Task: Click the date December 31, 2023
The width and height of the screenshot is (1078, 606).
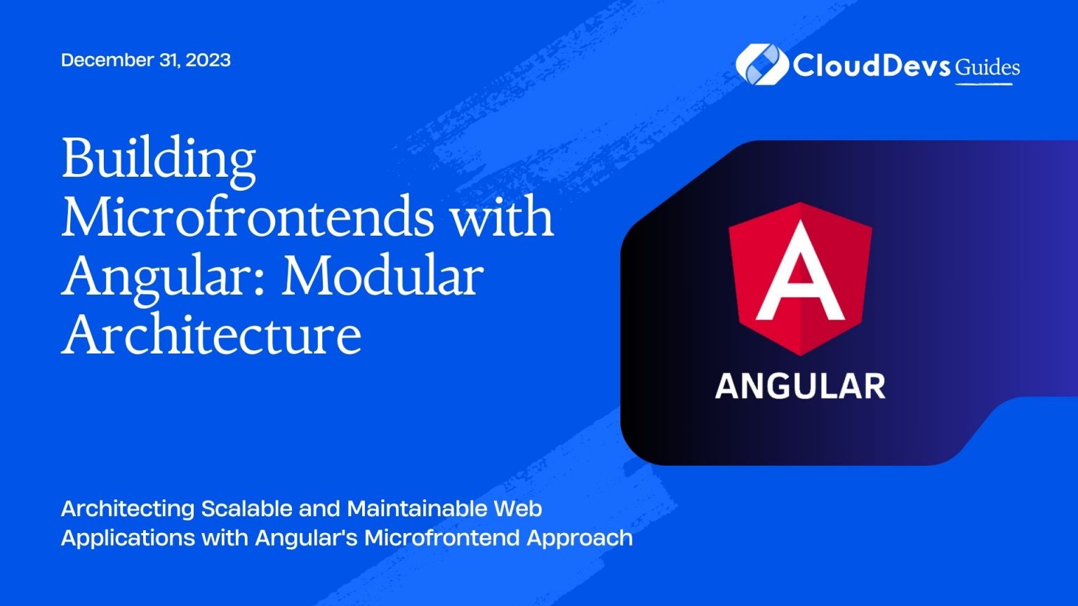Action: point(146,60)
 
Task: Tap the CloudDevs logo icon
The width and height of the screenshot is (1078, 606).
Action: point(761,64)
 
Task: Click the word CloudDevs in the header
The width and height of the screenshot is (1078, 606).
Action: point(872,65)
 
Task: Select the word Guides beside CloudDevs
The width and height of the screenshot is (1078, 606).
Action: point(987,67)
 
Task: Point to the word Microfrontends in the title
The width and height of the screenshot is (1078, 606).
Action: point(247,217)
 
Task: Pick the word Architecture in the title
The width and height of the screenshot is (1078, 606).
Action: point(211,334)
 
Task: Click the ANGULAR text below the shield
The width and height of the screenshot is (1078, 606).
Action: point(800,386)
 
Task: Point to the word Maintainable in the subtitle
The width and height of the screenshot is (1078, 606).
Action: point(420,508)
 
